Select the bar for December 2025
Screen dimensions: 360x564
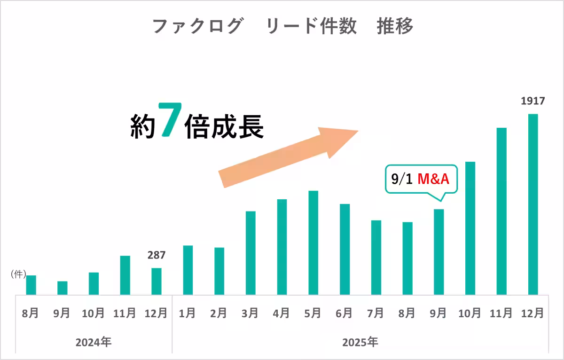[x=533, y=204]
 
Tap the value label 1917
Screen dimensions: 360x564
[x=533, y=101]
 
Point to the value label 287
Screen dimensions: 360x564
[x=156, y=255]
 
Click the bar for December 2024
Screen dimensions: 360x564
[x=156, y=281]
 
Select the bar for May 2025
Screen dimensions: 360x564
[x=313, y=243]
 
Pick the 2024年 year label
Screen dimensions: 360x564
[x=94, y=342]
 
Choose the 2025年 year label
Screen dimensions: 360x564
[x=360, y=342]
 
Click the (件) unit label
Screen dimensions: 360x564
[x=18, y=275]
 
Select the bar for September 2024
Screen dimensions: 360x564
[x=62, y=288]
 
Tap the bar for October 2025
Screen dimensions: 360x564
[x=470, y=228]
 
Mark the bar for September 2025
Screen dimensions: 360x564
[x=439, y=252]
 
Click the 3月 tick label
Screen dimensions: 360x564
[x=250, y=313]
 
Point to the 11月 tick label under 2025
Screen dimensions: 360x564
[x=501, y=313]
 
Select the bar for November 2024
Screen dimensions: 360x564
[x=125, y=275]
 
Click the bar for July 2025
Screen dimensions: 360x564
[x=376, y=257]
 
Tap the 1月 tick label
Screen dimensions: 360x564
[x=188, y=313]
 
